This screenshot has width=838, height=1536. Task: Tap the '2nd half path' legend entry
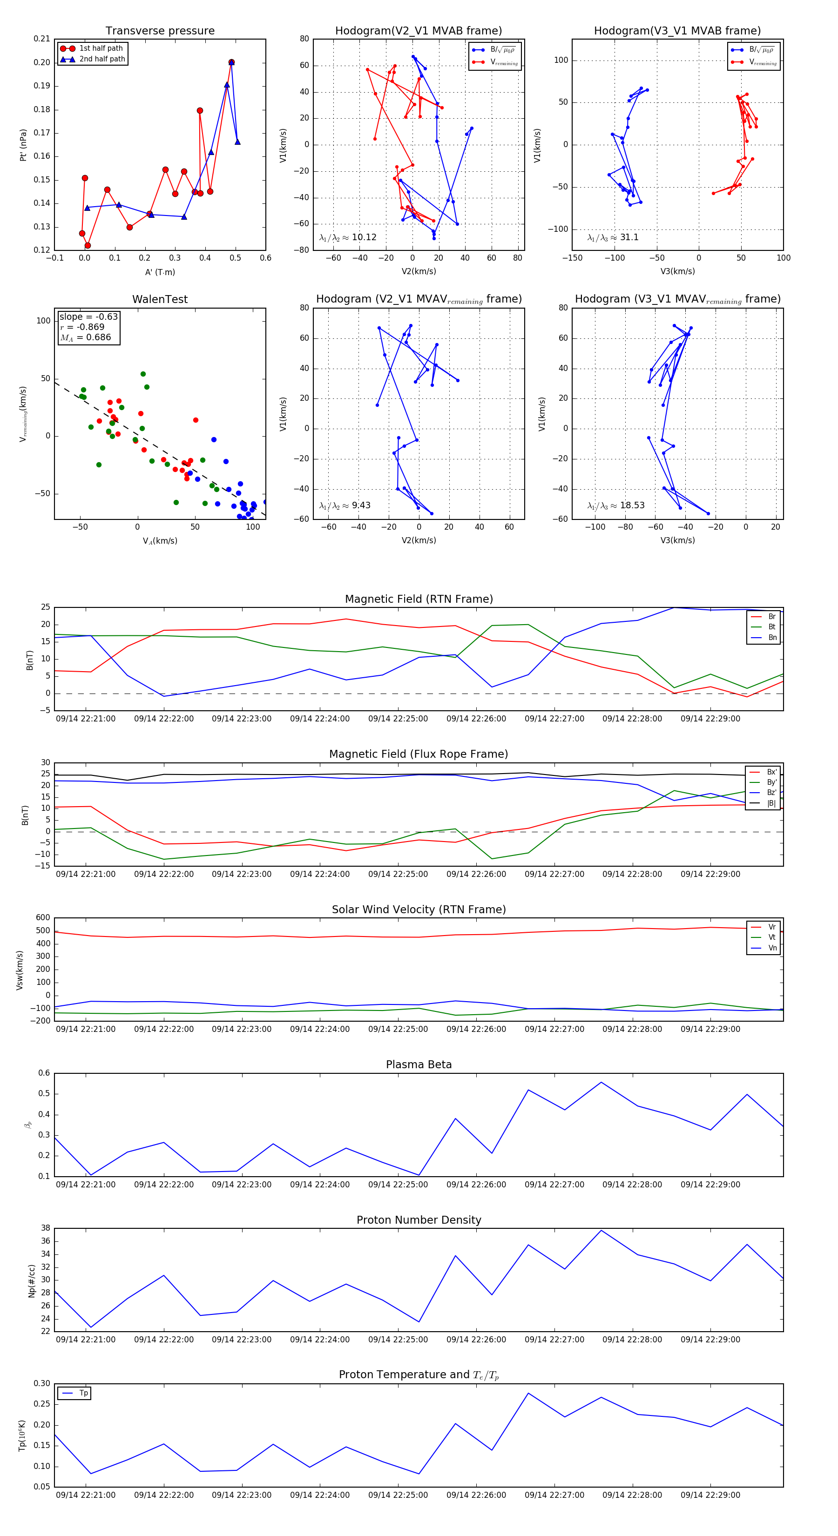(102, 59)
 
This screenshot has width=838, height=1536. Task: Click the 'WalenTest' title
(160, 299)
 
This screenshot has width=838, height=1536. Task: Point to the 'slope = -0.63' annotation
(88, 317)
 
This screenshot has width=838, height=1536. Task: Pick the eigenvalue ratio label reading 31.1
(613, 237)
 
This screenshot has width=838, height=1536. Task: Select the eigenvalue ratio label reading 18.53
(615, 505)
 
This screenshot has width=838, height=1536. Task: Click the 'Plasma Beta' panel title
(419, 1065)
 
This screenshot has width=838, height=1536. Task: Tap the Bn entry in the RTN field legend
(772, 637)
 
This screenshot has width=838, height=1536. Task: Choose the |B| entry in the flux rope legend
(771, 803)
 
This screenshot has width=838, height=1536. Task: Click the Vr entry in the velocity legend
(772, 927)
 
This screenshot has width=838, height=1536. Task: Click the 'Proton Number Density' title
(419, 1220)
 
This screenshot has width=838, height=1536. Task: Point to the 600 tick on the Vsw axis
(42, 918)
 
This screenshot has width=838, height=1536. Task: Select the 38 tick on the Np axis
(46, 1228)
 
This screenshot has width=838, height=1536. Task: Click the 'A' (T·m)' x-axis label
(160, 272)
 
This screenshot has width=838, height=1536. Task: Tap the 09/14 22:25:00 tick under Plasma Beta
(398, 1185)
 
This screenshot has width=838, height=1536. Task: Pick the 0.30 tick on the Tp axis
(42, 1383)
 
